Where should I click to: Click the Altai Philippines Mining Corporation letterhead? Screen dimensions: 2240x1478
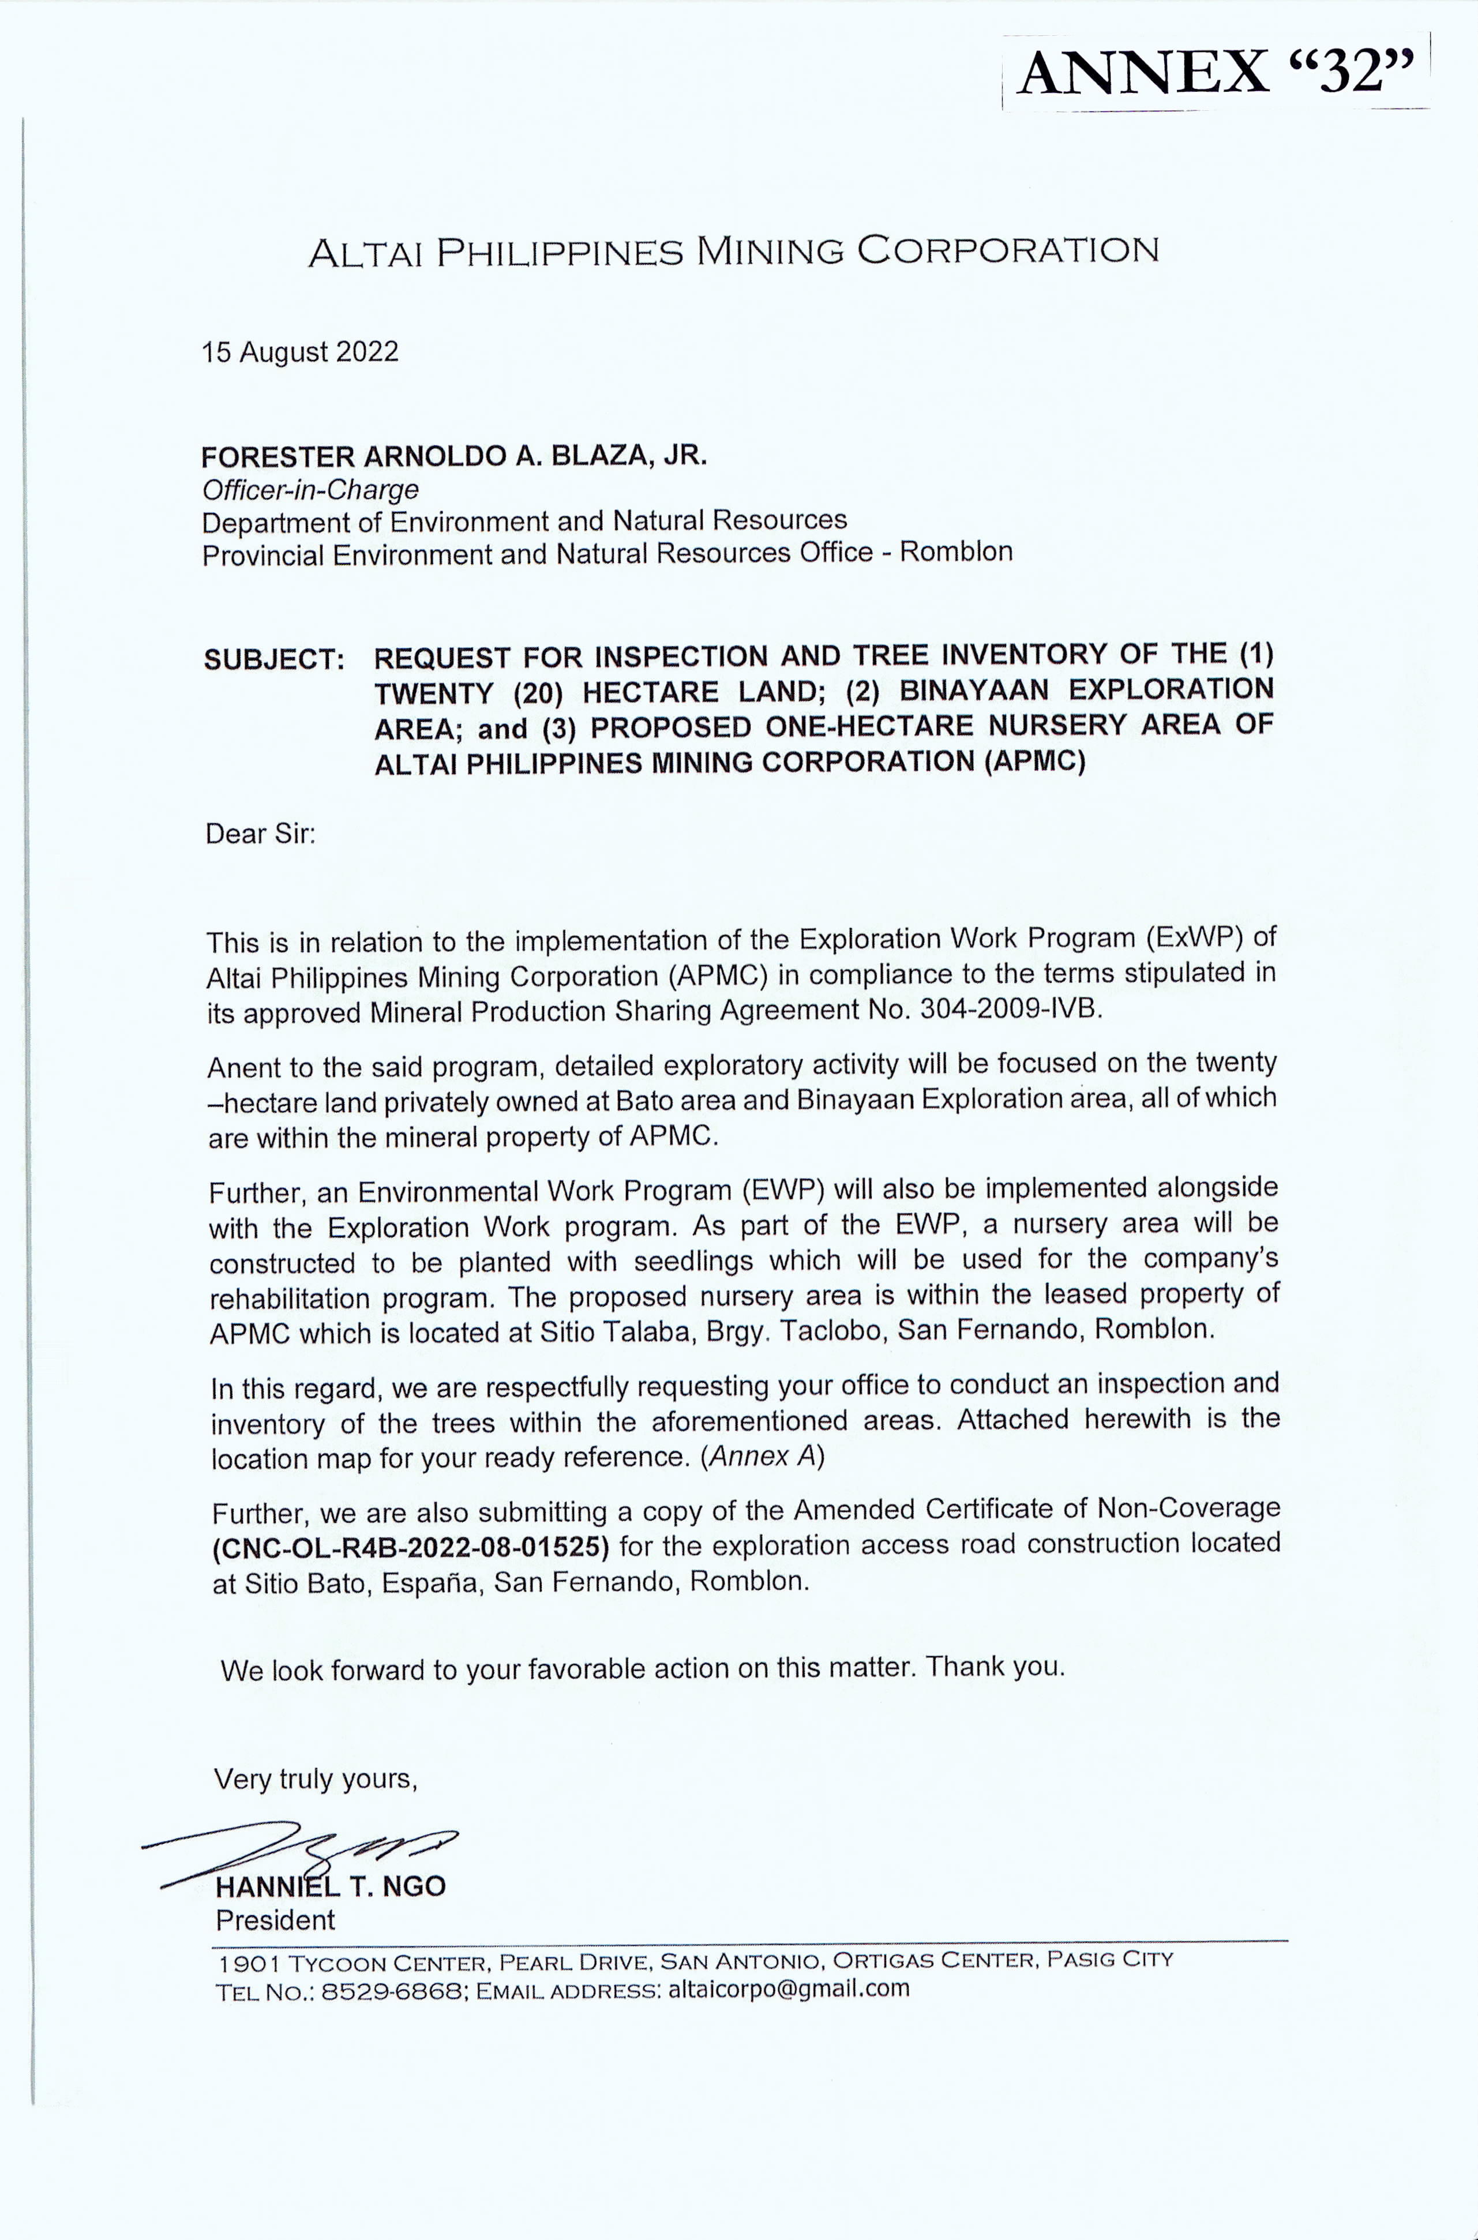pyautogui.click(x=733, y=251)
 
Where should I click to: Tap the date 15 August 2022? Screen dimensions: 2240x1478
pyautogui.click(x=300, y=352)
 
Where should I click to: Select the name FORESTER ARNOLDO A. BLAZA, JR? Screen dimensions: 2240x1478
pyautogui.click(x=453, y=457)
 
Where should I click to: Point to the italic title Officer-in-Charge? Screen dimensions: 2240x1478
pyautogui.click(x=310, y=490)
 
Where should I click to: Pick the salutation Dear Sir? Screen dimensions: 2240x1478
pyautogui.click(x=260, y=834)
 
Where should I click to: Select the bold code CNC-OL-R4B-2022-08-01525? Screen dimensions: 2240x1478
pyautogui.click(x=411, y=1547)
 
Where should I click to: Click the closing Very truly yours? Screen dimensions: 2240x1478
pyautogui.click(x=315, y=1779)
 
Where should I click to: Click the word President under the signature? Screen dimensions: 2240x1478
pyautogui.click(x=275, y=1920)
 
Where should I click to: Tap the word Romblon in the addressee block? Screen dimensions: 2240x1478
pyautogui.click(x=956, y=552)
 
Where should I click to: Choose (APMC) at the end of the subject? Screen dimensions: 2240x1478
pyautogui.click(x=1034, y=761)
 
